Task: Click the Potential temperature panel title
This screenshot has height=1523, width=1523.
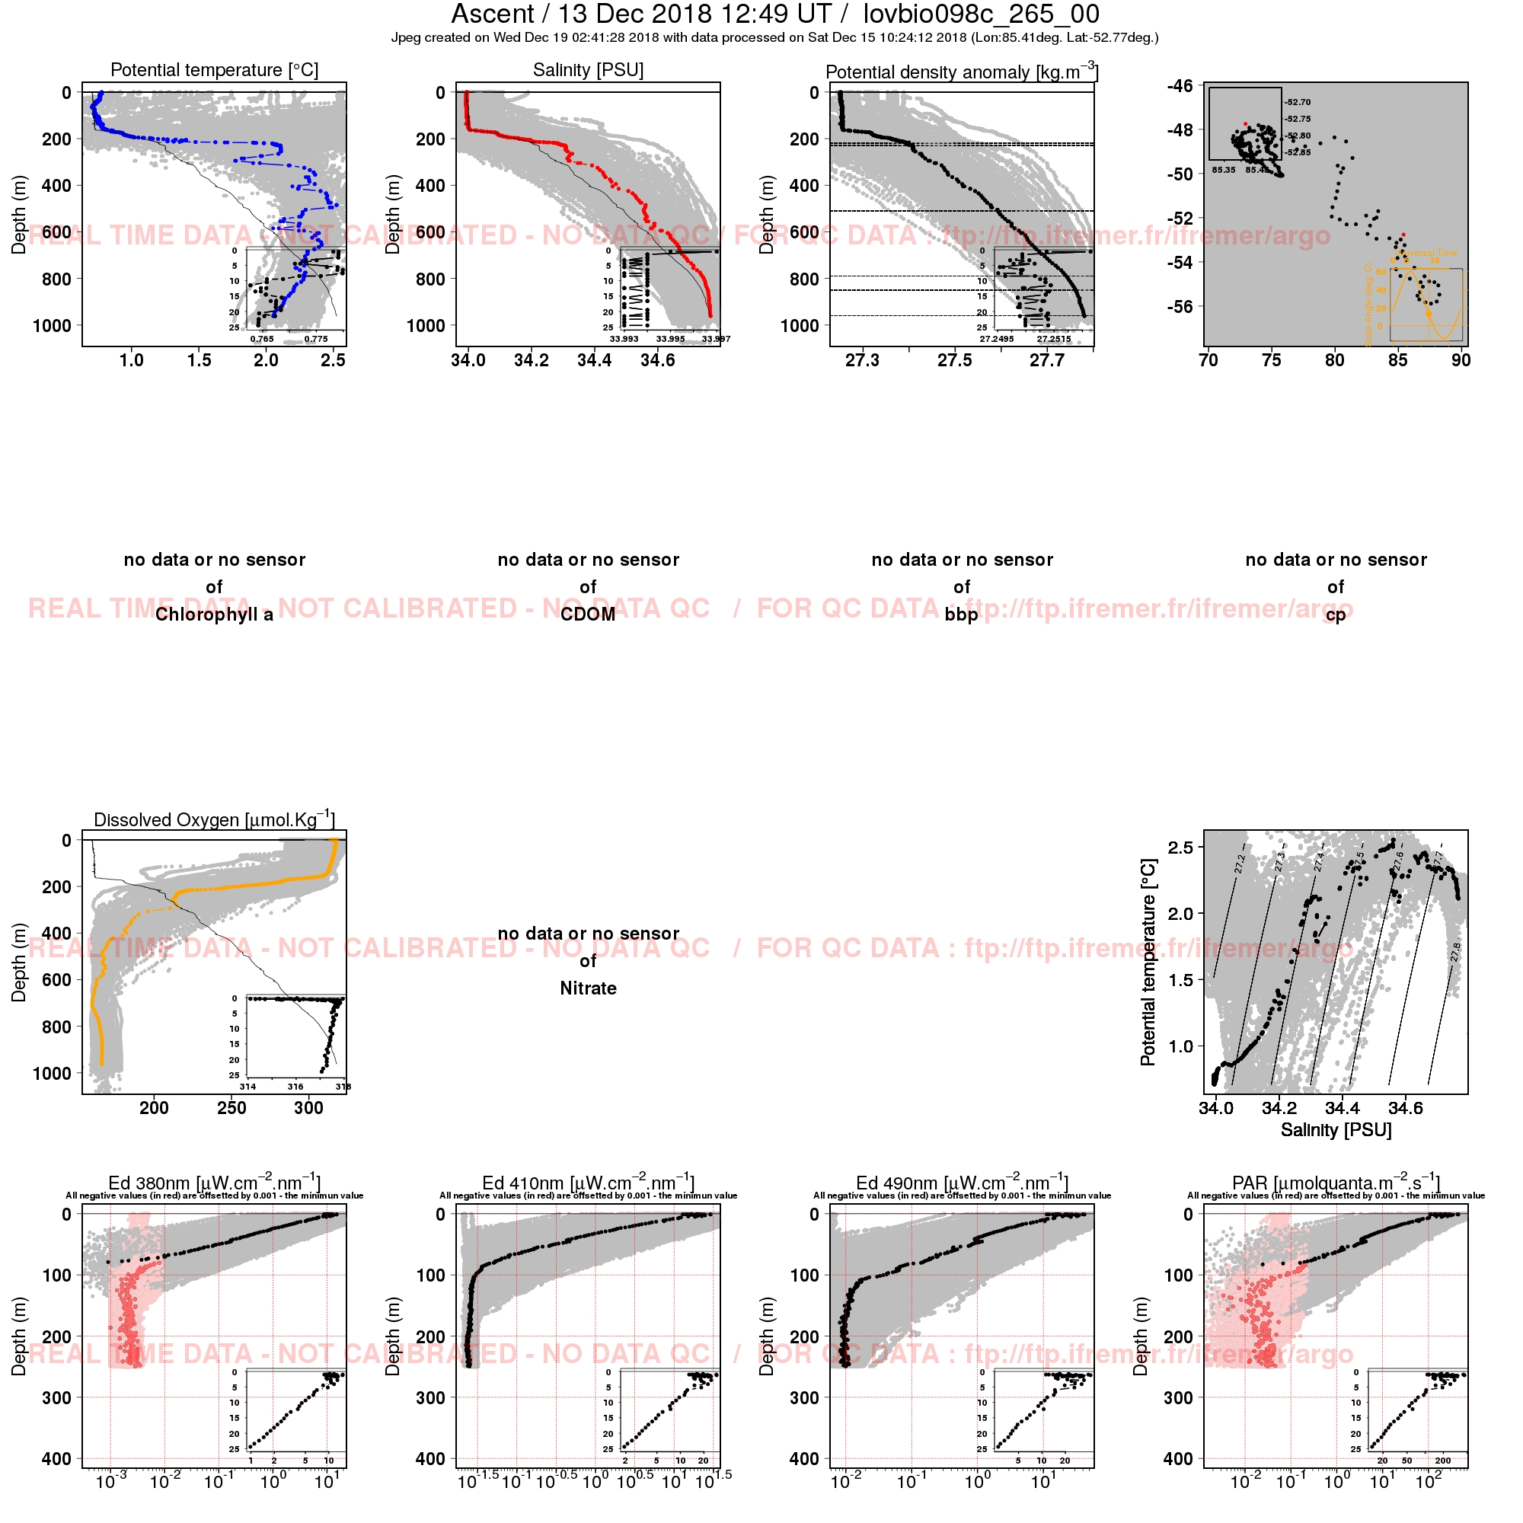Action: point(215,70)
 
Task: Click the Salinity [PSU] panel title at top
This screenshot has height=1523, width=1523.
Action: point(588,70)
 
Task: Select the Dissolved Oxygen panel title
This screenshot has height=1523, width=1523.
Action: point(215,819)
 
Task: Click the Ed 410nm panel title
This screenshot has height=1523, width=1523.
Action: point(588,1183)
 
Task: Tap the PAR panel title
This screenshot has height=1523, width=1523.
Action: point(1336,1183)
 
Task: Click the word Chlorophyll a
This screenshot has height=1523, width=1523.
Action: point(215,615)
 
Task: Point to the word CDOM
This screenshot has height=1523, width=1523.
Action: point(588,615)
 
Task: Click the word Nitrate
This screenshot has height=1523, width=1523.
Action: point(588,988)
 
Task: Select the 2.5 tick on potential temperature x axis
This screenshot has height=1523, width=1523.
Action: point(334,360)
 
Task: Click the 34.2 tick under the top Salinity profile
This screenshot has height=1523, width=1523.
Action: point(532,360)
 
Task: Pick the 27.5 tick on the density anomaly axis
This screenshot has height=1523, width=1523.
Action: point(955,360)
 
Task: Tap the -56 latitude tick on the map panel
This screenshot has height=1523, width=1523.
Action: point(1180,307)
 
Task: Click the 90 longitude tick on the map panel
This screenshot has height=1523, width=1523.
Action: point(1461,360)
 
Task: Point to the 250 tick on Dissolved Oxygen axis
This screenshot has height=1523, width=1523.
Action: point(231,1108)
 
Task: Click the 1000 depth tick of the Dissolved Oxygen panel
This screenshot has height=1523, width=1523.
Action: point(52,1073)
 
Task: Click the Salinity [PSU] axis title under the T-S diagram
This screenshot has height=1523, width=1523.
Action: point(1336,1130)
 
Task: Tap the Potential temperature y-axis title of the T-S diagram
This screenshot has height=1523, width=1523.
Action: point(1148,963)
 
